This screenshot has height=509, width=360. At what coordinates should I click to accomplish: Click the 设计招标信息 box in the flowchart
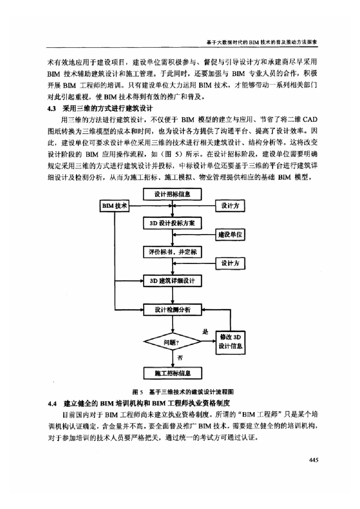pos(172,194)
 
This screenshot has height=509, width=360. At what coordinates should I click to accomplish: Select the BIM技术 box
pos(115,205)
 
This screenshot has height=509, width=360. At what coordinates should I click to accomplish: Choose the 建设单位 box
pos(230,234)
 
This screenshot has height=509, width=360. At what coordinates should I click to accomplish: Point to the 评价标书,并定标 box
pos(172,252)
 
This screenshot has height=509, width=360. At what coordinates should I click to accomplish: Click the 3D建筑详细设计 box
pos(172,281)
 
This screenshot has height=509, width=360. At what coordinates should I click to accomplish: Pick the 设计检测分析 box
pos(172,310)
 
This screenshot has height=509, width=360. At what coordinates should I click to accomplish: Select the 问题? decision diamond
pos(172,341)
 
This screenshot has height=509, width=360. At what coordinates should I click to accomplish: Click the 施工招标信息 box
pos(172,372)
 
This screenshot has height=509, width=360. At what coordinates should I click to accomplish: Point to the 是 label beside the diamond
pos(204,331)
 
